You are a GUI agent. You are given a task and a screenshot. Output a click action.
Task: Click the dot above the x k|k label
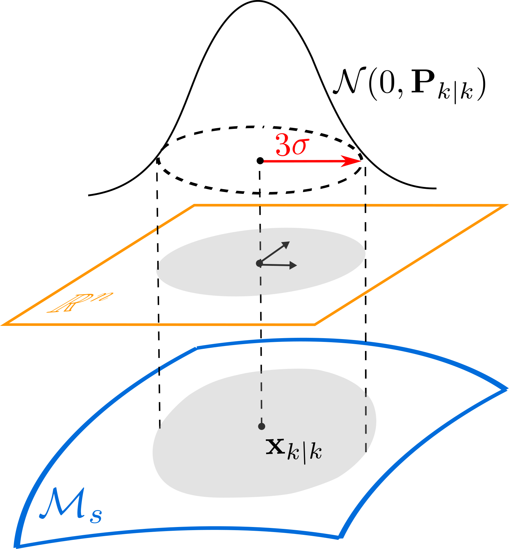pyautogui.click(x=261, y=426)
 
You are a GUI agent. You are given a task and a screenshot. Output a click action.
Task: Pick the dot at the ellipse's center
pyautogui.click(x=259, y=263)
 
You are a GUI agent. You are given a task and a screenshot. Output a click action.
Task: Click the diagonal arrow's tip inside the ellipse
pyautogui.click(x=288, y=243)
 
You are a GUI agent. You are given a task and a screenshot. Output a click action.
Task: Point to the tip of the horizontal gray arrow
pyautogui.click(x=295, y=266)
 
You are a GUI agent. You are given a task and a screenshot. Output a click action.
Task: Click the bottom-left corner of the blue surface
pyautogui.click(x=17, y=545)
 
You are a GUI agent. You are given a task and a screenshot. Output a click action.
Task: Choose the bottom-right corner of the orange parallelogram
pyautogui.click(x=315, y=324)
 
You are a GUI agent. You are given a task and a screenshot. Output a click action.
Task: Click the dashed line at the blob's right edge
pyautogui.click(x=366, y=421)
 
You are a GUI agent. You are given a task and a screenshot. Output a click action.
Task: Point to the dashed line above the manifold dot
pyautogui.click(x=261, y=396)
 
